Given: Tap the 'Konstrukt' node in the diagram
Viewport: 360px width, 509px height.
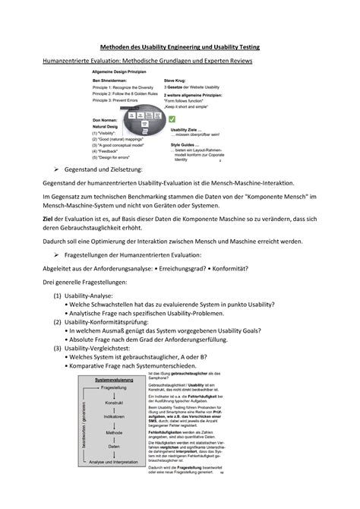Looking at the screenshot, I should (x=114, y=402).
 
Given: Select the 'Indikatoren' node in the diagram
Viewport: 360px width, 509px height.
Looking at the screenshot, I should (x=114, y=416).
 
